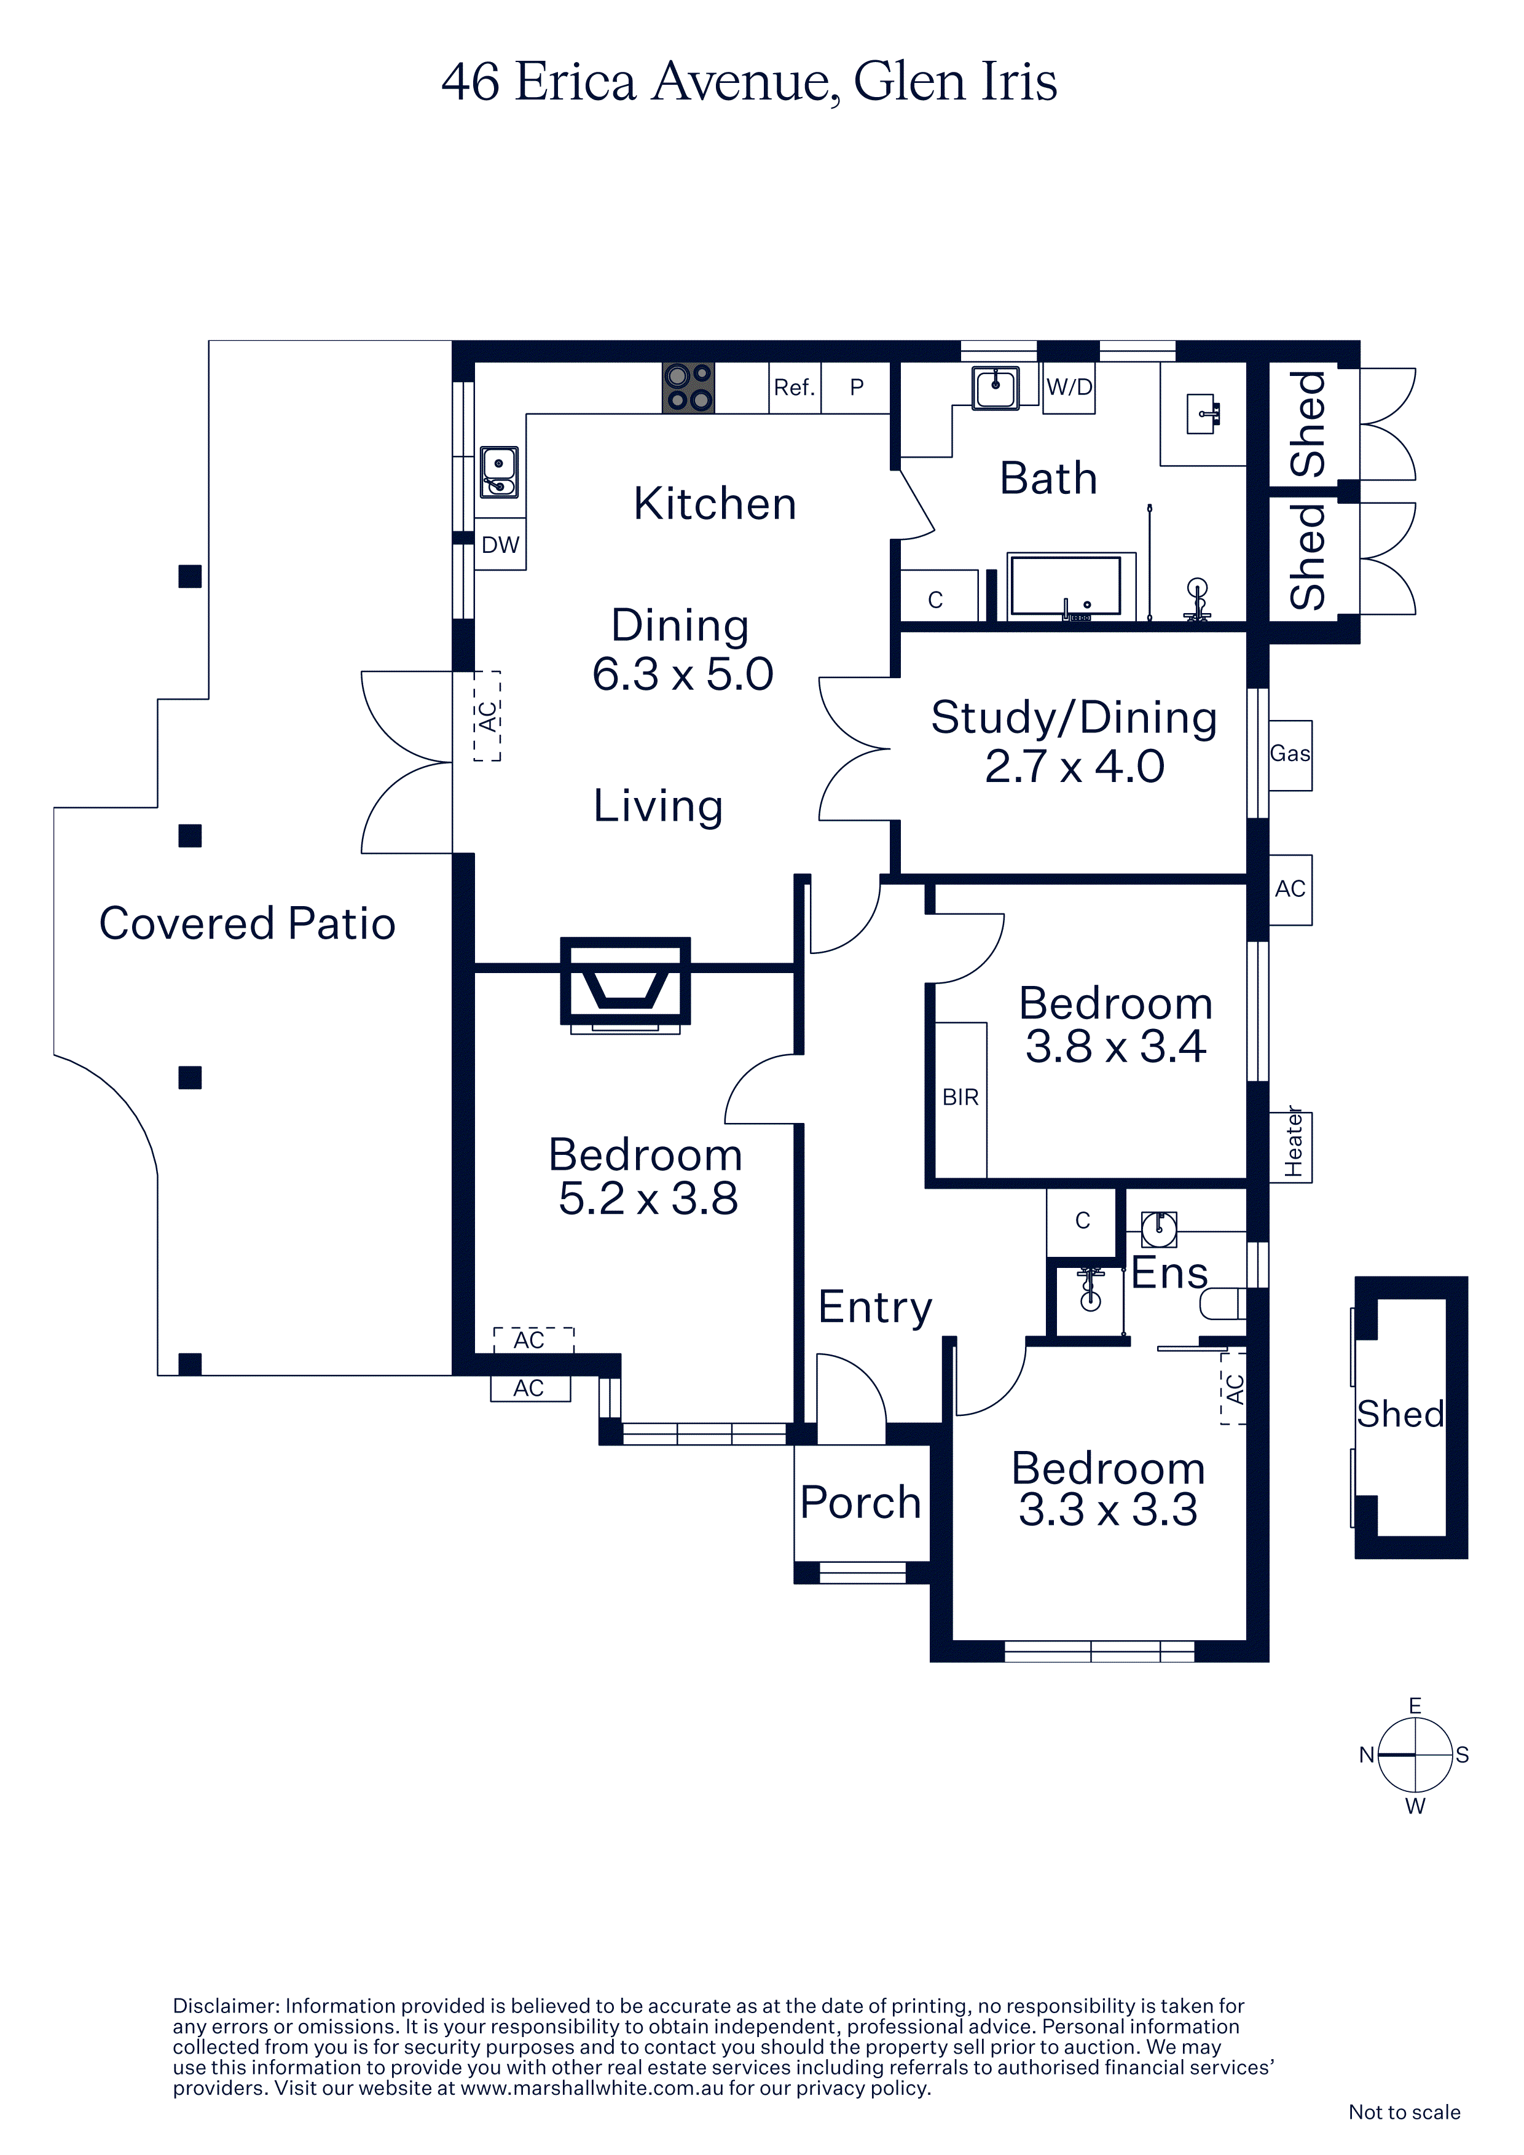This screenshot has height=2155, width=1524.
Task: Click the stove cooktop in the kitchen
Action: pyautogui.click(x=688, y=388)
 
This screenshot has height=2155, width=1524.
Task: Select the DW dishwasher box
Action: pyautogui.click(x=500, y=544)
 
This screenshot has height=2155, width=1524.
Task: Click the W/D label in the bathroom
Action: pyautogui.click(x=1069, y=386)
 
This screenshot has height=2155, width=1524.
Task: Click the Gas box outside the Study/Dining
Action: pyautogui.click(x=1290, y=754)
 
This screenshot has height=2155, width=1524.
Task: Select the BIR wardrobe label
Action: pyautogui.click(x=960, y=1097)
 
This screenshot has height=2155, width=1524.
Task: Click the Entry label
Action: pyautogui.click(x=875, y=1307)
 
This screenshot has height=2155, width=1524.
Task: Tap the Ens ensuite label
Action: pyautogui.click(x=1169, y=1273)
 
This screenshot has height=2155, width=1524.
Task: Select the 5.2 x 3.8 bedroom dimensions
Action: pyautogui.click(x=648, y=1199)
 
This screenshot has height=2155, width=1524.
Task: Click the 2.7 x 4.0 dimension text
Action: pyautogui.click(x=1074, y=766)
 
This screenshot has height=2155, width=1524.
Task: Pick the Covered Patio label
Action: pyautogui.click(x=247, y=923)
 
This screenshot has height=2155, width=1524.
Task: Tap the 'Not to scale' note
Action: pyautogui.click(x=1404, y=2112)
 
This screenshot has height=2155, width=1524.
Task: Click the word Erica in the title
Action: pyautogui.click(x=576, y=82)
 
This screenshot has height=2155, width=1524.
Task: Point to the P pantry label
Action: pyautogui.click(x=857, y=386)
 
